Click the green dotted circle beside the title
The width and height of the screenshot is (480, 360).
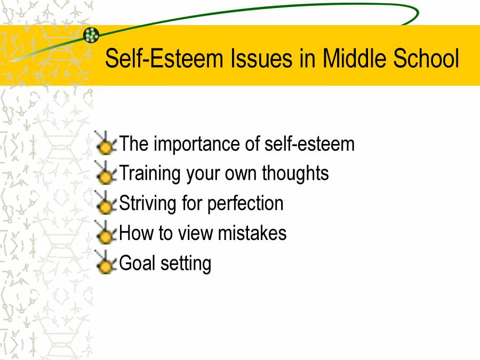pos(91,35)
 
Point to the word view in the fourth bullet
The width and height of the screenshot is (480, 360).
pos(201,233)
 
